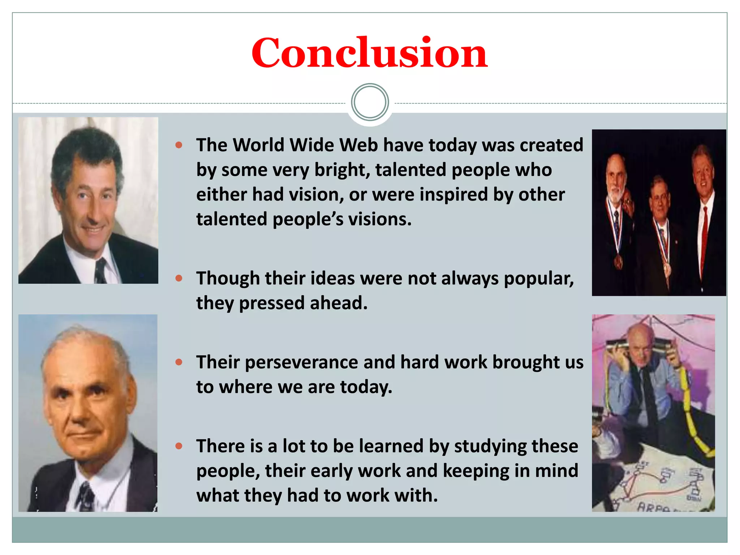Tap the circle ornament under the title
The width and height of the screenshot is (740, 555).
pos(370,102)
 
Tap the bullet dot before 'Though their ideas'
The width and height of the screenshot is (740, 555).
pos(178,278)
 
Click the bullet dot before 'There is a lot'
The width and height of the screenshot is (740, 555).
pos(178,446)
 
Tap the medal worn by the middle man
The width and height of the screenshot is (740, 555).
pos(667,269)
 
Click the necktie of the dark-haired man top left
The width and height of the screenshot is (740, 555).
pos(100,271)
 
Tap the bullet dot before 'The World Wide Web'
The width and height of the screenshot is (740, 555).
pos(178,145)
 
